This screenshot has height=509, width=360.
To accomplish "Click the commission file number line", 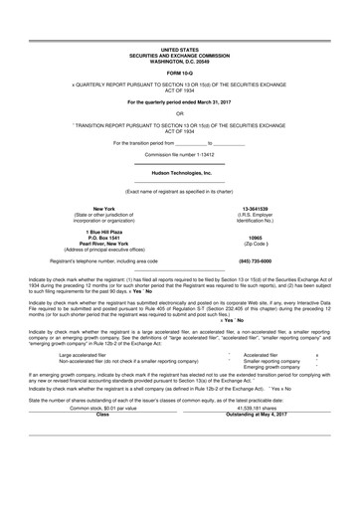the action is (179, 156).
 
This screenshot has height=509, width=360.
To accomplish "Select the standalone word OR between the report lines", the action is (179, 112).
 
